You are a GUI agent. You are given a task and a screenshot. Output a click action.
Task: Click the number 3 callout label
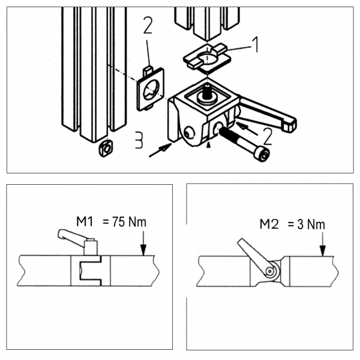139,141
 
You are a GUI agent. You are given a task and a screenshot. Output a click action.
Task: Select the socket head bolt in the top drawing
244,146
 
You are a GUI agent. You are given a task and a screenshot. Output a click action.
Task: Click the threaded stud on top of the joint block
208,93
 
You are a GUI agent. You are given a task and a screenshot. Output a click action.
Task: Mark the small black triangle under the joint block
209,145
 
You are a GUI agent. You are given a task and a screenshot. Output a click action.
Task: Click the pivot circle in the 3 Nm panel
271,271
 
